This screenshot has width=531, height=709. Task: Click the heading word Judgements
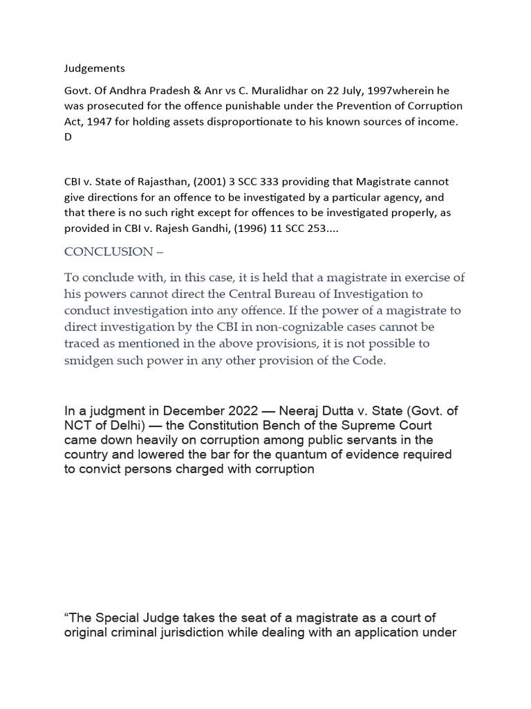tap(95, 69)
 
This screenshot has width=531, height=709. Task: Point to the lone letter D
tap(68, 137)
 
